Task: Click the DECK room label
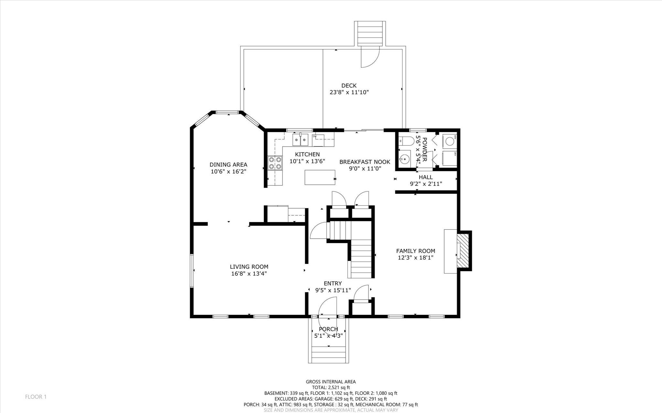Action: click(x=349, y=86)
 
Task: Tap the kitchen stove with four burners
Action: click(x=275, y=163)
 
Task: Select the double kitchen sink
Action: click(x=301, y=140)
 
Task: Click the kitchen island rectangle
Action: click(x=320, y=177)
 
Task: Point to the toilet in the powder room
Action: click(x=406, y=141)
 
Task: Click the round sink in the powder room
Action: click(x=404, y=159)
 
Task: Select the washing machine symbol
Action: click(x=450, y=141)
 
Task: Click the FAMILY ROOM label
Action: click(x=415, y=251)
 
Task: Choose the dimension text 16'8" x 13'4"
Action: click(x=249, y=274)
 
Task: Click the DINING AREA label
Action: click(x=228, y=165)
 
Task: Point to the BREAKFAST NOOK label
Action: click(x=365, y=162)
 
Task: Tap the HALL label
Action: click(x=425, y=177)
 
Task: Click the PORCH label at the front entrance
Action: click(x=328, y=329)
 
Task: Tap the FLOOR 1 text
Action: click(x=36, y=397)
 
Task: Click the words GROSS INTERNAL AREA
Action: click(x=331, y=382)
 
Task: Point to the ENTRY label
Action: click(x=333, y=284)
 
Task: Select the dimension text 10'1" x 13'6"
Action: click(x=307, y=161)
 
